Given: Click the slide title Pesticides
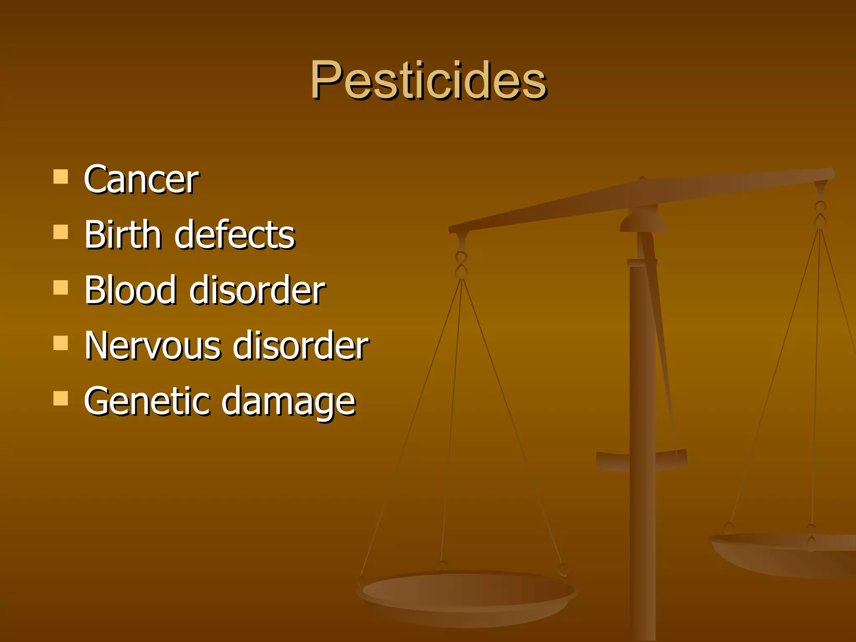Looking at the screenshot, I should point(428,80).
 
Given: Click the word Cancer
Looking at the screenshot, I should point(141,179).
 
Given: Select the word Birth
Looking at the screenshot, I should point(122,234).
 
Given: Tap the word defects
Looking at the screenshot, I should point(235,234).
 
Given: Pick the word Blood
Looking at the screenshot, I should point(130,290).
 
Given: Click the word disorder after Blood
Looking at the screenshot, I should point(257,290).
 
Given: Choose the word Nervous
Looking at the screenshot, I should point(152,345).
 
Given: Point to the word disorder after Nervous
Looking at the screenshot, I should point(301,345).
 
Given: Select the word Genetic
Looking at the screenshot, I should point(146,401).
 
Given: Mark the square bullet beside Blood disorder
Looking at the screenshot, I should point(61,287).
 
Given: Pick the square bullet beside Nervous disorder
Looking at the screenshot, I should point(61,343).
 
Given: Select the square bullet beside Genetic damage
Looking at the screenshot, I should point(61,398).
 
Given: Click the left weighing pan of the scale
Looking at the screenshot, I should point(467,594).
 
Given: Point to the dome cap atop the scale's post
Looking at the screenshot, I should point(643,222).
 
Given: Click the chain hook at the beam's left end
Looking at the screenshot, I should point(461,263).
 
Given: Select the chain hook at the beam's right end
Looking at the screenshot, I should point(820,213).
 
